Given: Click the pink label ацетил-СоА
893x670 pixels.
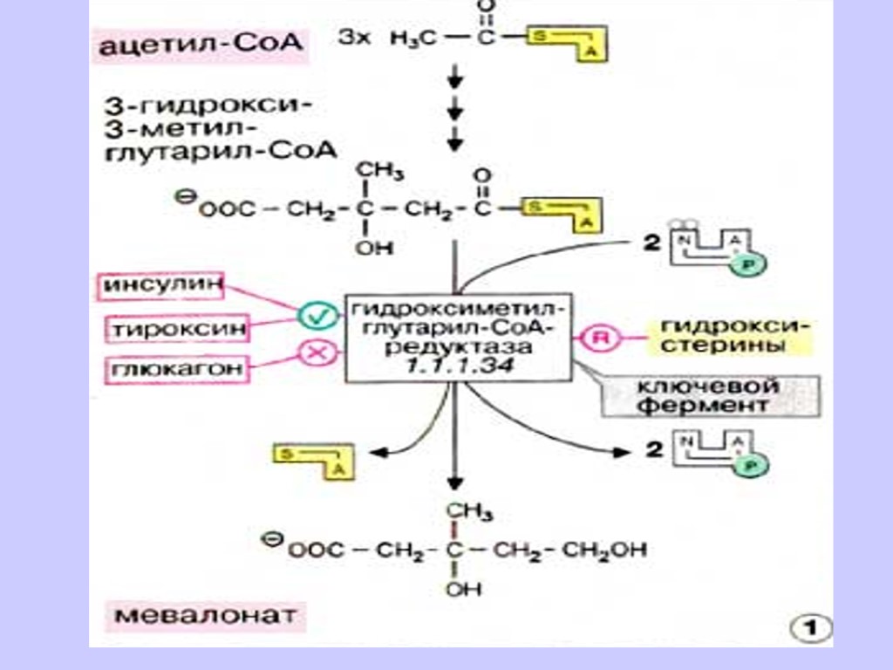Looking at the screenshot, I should pos(201,44).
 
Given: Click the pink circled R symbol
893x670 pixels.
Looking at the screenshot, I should pos(598,338).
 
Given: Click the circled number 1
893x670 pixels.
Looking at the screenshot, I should pos(810,626).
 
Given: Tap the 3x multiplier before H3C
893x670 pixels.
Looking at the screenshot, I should pos(352,38).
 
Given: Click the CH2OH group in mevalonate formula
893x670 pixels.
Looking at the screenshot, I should pos(606,550).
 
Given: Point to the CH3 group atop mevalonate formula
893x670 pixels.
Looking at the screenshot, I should pos(463,512).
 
